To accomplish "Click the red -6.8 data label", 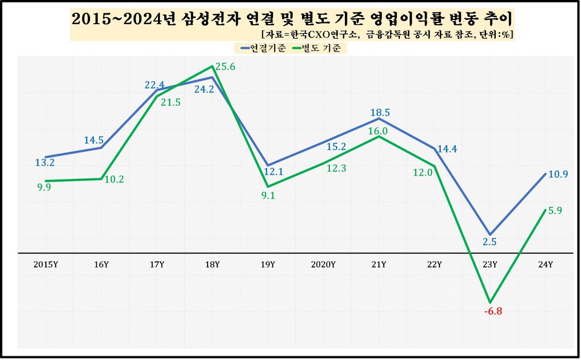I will click(494, 312).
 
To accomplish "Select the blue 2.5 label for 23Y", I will click(490, 242).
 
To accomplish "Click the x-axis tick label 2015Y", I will click(45, 264).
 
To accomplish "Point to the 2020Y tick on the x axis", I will click(323, 264).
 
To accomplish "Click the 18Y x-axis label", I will click(212, 264).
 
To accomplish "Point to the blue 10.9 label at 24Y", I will click(557, 174).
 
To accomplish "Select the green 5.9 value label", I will click(555, 211).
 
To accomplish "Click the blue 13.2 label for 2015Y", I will click(45, 162).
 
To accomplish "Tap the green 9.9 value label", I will click(44, 188).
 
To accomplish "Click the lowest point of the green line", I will click(490, 302).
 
